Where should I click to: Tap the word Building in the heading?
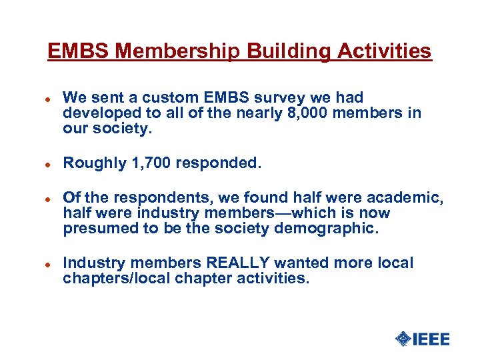point(281,51)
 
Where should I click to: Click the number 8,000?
point(304,113)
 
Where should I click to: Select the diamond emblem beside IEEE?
point(403,339)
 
